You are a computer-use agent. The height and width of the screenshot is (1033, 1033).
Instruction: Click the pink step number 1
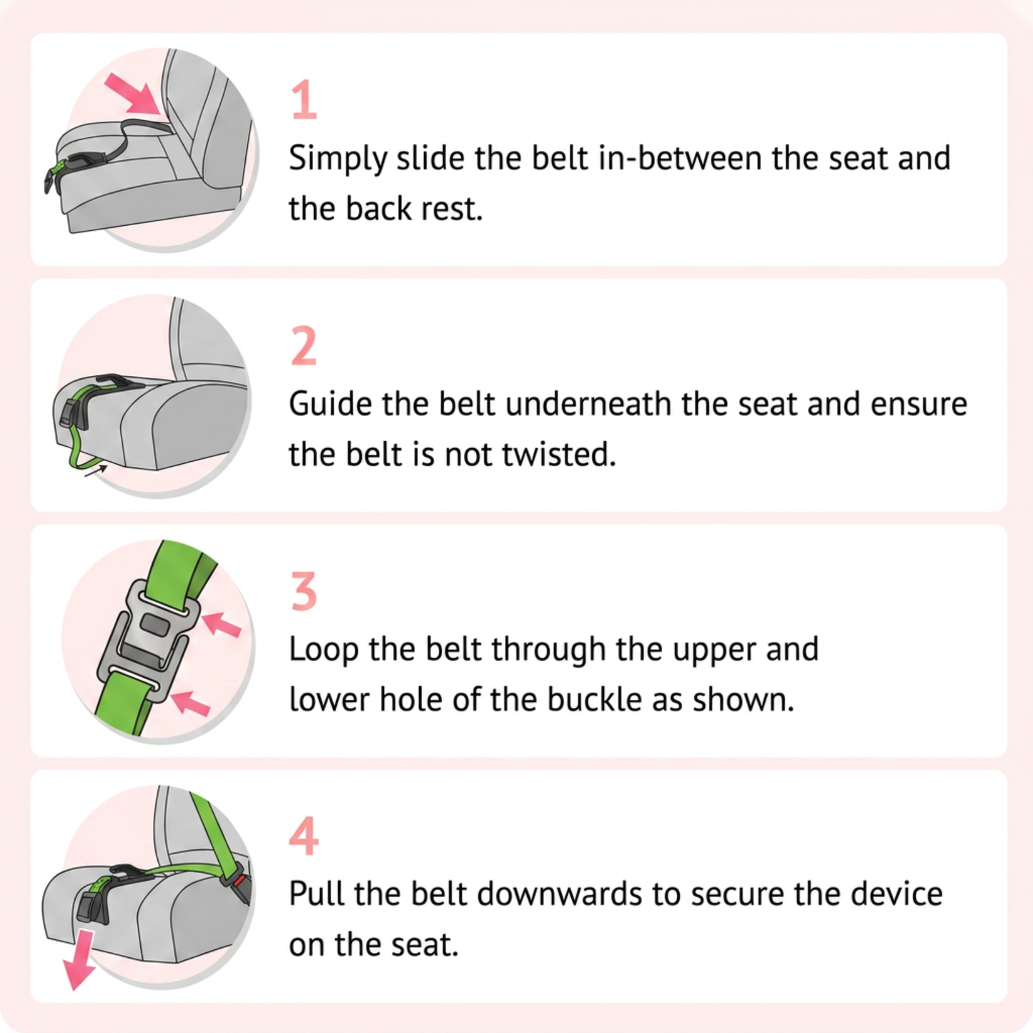coord(305,99)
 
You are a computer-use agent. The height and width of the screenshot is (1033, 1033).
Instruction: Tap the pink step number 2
coord(304,346)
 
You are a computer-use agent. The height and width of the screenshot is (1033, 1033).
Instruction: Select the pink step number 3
coord(304,590)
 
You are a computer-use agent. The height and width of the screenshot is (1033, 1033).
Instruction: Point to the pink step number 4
coord(304,836)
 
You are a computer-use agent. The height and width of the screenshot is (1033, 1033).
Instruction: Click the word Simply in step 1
coord(337,159)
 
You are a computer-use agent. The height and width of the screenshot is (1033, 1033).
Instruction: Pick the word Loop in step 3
coord(324,651)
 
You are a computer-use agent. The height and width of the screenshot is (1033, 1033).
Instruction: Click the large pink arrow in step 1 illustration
coord(134,95)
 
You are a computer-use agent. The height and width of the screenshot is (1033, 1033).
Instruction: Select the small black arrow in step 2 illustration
coord(95,471)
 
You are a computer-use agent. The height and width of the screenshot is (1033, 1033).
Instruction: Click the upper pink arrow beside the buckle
coord(221,625)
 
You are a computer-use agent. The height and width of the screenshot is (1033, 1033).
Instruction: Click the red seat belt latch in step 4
coord(239,881)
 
